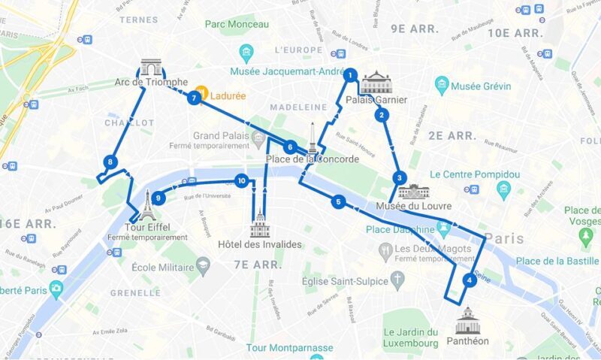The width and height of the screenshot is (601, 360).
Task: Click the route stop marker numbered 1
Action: (x=349, y=74)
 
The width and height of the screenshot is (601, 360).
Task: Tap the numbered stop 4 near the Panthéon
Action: (x=470, y=281)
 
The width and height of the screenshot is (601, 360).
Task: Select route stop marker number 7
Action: (x=194, y=98)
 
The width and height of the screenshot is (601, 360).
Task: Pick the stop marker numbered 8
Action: (x=110, y=162)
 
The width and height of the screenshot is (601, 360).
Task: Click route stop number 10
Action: (x=241, y=180)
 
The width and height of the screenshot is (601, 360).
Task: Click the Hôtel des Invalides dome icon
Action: (x=259, y=224)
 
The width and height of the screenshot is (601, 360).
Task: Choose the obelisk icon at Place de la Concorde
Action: (x=312, y=138)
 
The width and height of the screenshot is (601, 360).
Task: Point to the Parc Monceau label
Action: (x=236, y=24)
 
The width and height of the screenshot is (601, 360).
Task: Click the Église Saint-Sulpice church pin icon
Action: (x=397, y=280)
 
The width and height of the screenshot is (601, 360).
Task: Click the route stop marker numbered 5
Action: (x=338, y=201)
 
